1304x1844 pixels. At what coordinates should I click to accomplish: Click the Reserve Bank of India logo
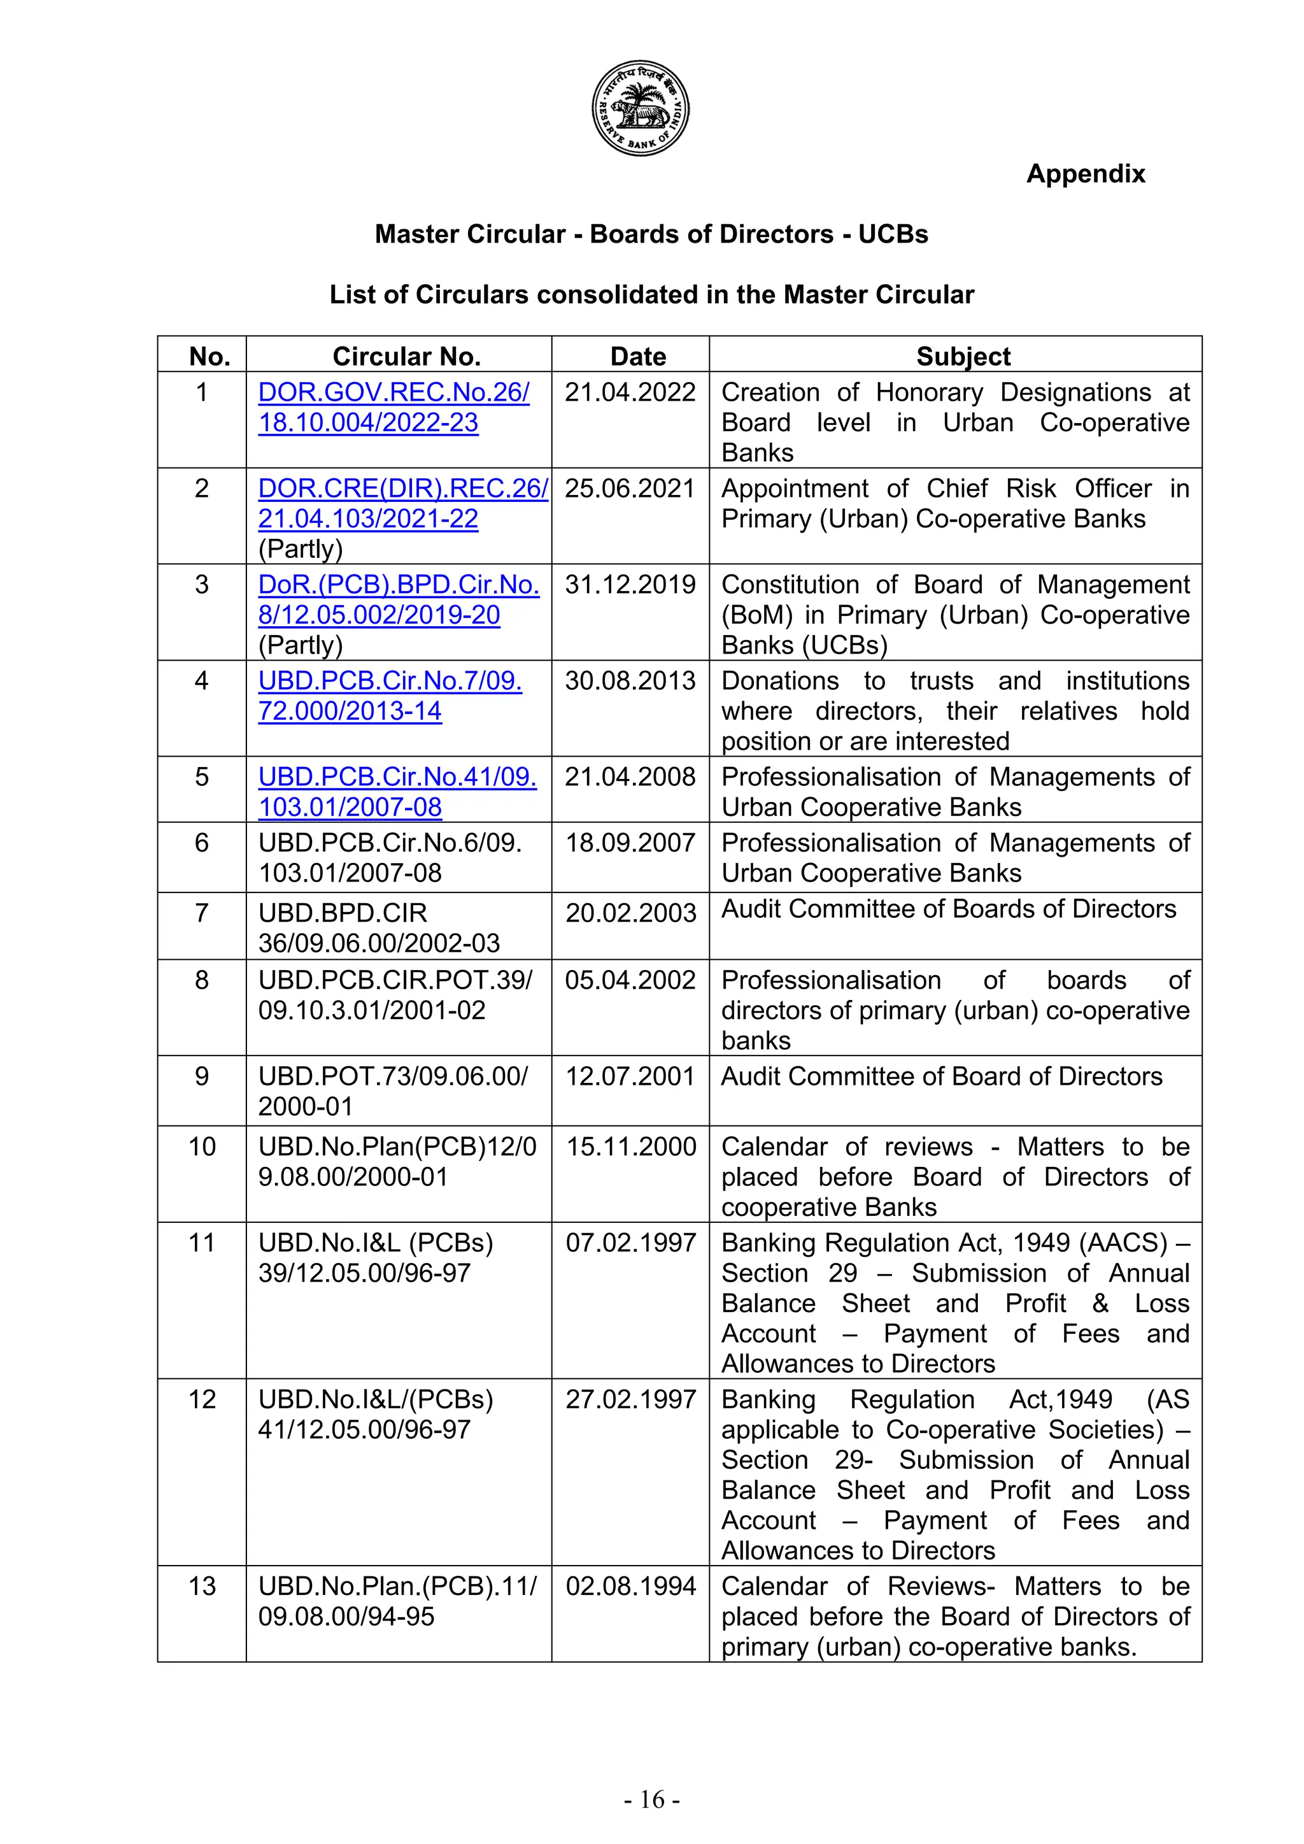coord(640,108)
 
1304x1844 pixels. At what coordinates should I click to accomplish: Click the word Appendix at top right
coord(1085,173)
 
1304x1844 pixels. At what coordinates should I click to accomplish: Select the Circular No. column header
coord(406,356)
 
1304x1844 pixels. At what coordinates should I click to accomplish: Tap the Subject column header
coord(963,356)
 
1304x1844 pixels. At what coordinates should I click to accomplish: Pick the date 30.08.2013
coord(630,681)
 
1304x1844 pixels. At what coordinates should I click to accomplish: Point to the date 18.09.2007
coord(630,843)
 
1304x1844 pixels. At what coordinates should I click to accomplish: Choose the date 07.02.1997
coord(630,1243)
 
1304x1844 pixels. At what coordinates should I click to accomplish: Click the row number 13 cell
coord(202,1586)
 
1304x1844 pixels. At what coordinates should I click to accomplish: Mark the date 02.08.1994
coord(630,1586)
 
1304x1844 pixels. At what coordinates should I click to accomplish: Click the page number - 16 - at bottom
coord(651,1800)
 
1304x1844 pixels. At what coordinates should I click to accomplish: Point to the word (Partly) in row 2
coord(301,549)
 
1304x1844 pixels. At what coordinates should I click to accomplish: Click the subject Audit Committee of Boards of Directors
coord(948,909)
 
